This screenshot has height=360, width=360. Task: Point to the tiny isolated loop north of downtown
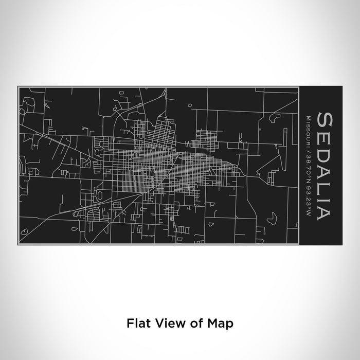190,106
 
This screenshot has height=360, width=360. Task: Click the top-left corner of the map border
19,88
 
